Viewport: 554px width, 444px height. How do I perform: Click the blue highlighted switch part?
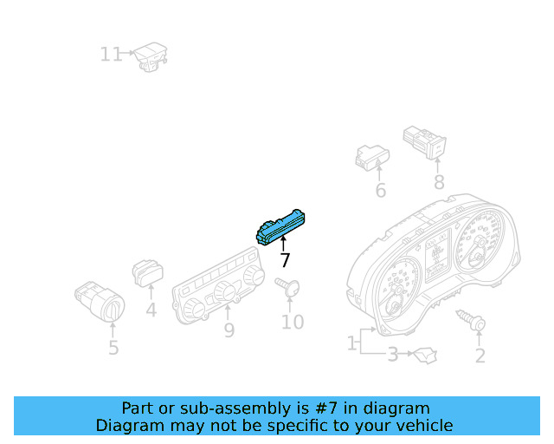(x=282, y=225)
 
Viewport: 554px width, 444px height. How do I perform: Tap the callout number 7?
(x=285, y=260)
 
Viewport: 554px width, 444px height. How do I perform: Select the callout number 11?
(x=111, y=55)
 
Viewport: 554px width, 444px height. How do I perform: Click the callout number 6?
(x=380, y=190)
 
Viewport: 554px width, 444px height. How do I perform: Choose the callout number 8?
(x=439, y=182)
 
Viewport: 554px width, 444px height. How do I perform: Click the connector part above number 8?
(x=425, y=140)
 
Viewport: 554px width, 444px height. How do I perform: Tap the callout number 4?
(x=151, y=310)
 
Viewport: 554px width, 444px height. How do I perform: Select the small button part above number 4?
(x=147, y=272)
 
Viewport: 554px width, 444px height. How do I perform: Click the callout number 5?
(x=113, y=349)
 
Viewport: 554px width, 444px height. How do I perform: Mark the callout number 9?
(x=229, y=330)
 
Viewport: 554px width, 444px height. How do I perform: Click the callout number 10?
(x=293, y=323)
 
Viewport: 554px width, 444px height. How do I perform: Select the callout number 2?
(x=480, y=356)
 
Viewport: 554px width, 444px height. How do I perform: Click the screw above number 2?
(x=473, y=321)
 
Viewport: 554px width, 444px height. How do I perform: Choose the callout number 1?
(x=352, y=343)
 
